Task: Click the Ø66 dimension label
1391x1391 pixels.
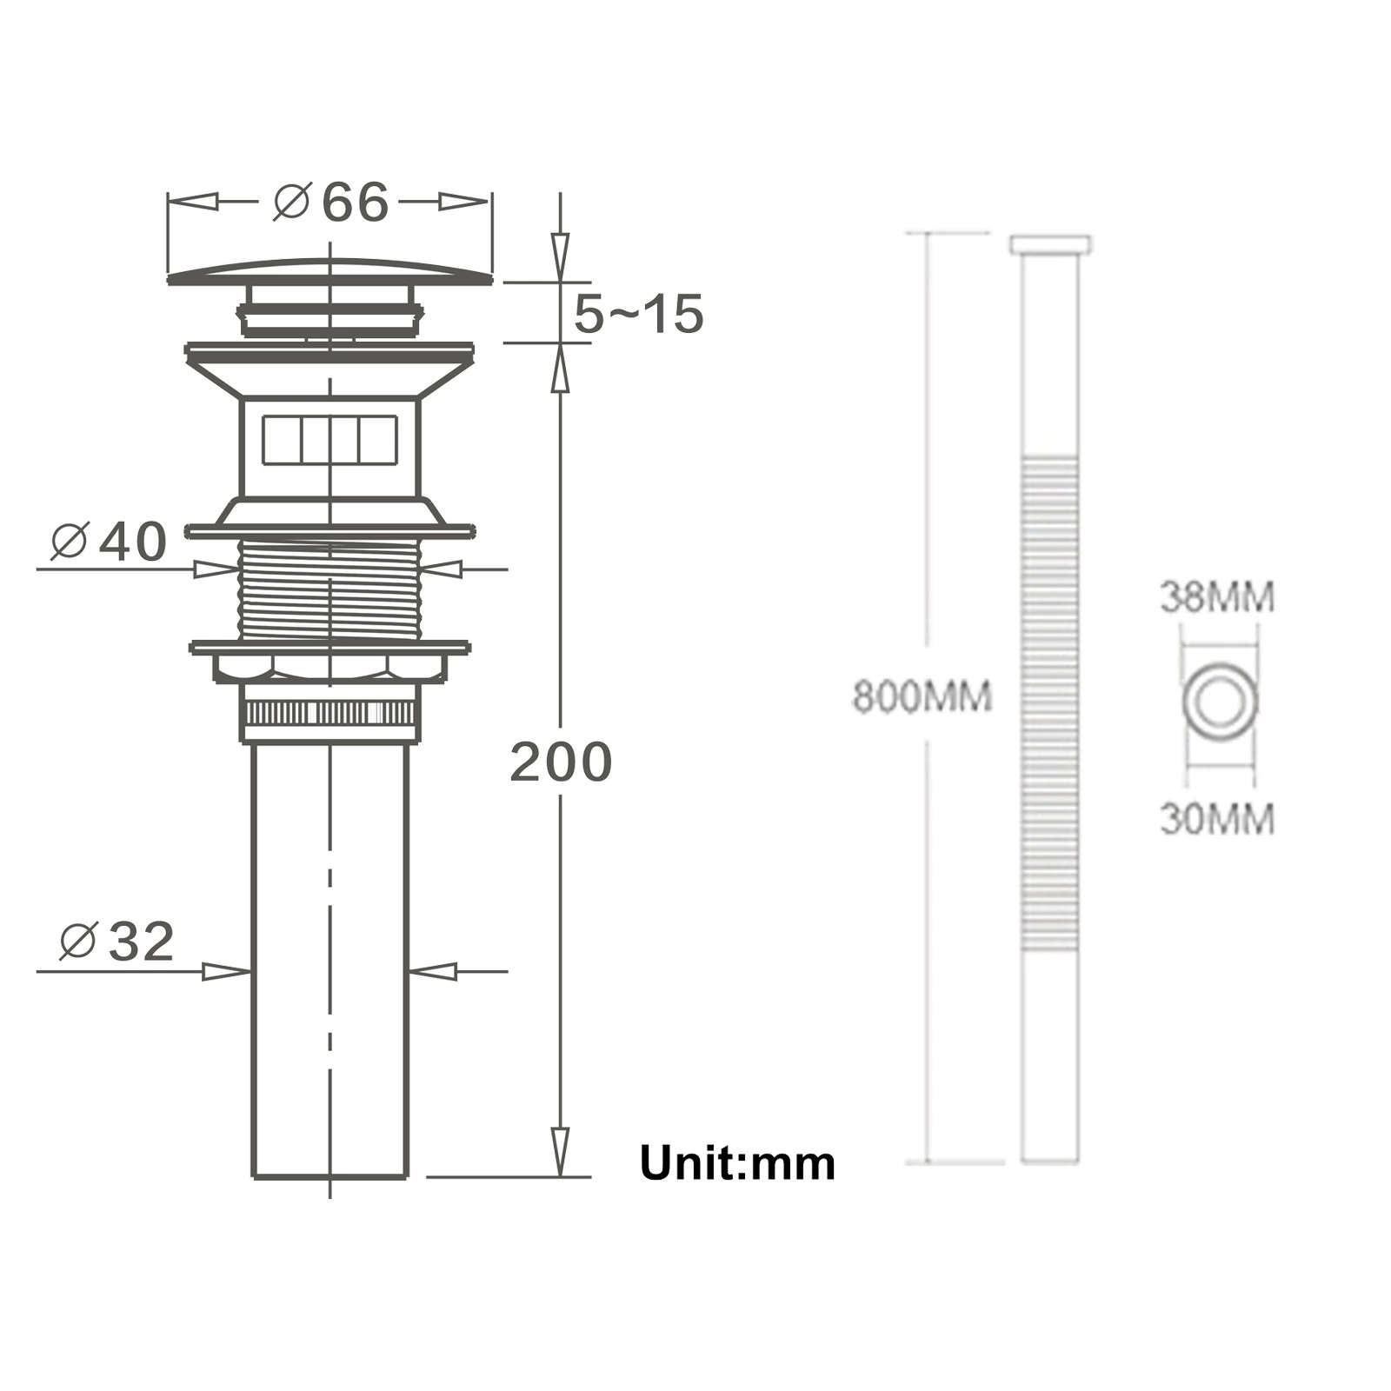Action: pyautogui.click(x=330, y=203)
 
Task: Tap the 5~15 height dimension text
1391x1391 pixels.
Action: pyautogui.click(x=638, y=314)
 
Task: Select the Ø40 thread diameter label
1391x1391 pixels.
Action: pyautogui.click(x=109, y=542)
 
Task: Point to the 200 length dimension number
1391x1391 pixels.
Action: pyautogui.click(x=561, y=762)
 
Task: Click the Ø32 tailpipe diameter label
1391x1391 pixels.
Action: pyautogui.click(x=116, y=942)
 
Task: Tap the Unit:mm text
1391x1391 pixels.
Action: pyautogui.click(x=737, y=1163)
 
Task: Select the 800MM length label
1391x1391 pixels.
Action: pyautogui.click(x=922, y=697)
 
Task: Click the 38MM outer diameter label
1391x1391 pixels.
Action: pyautogui.click(x=1217, y=597)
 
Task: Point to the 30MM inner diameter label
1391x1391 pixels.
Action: pyautogui.click(x=1217, y=819)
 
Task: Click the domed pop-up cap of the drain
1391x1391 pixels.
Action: pyautogui.click(x=329, y=272)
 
